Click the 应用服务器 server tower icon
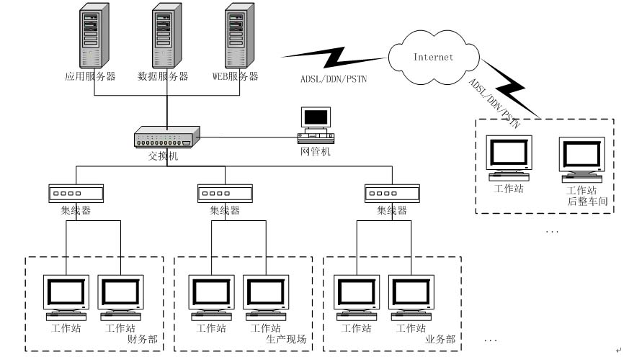90,37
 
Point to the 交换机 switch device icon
166,136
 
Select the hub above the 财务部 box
76,193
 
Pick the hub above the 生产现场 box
224,193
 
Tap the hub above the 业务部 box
392,193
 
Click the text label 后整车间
587,202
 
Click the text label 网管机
315,152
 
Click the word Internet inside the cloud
433,56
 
